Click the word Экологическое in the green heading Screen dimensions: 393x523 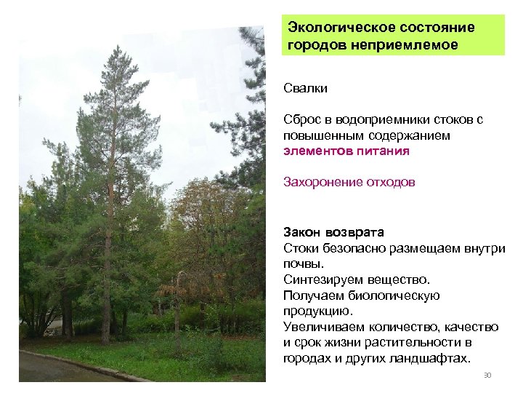click(331, 28)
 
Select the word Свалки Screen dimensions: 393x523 click(306, 89)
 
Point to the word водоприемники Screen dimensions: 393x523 click(377, 119)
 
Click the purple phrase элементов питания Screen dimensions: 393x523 click(346, 151)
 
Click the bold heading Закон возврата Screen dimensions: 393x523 click(333, 232)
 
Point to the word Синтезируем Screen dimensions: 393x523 click(320, 280)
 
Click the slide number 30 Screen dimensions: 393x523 click(487, 376)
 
